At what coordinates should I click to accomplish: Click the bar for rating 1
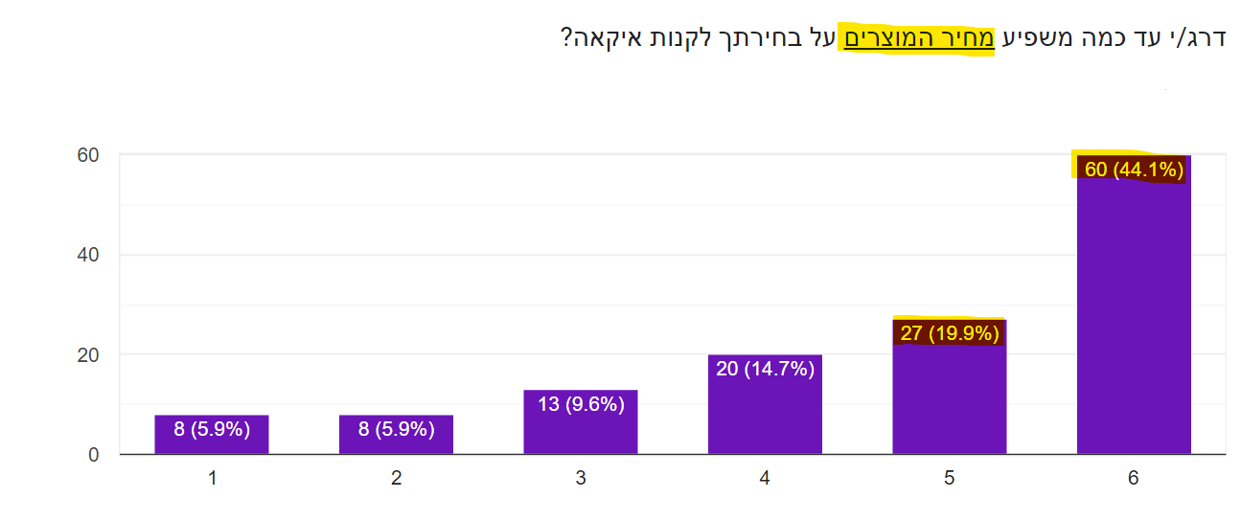pos(212,436)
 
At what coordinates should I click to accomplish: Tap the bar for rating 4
pos(765,412)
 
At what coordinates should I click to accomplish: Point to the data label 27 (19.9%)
pos(950,333)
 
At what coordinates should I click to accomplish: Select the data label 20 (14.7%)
pos(765,369)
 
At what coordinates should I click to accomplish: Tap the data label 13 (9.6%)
pos(581,404)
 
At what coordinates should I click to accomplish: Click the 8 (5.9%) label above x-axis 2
pos(396,429)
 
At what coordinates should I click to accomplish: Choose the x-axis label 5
pos(949,478)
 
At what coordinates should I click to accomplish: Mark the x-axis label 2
pos(396,478)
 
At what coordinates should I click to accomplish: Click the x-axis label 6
pos(1134,478)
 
